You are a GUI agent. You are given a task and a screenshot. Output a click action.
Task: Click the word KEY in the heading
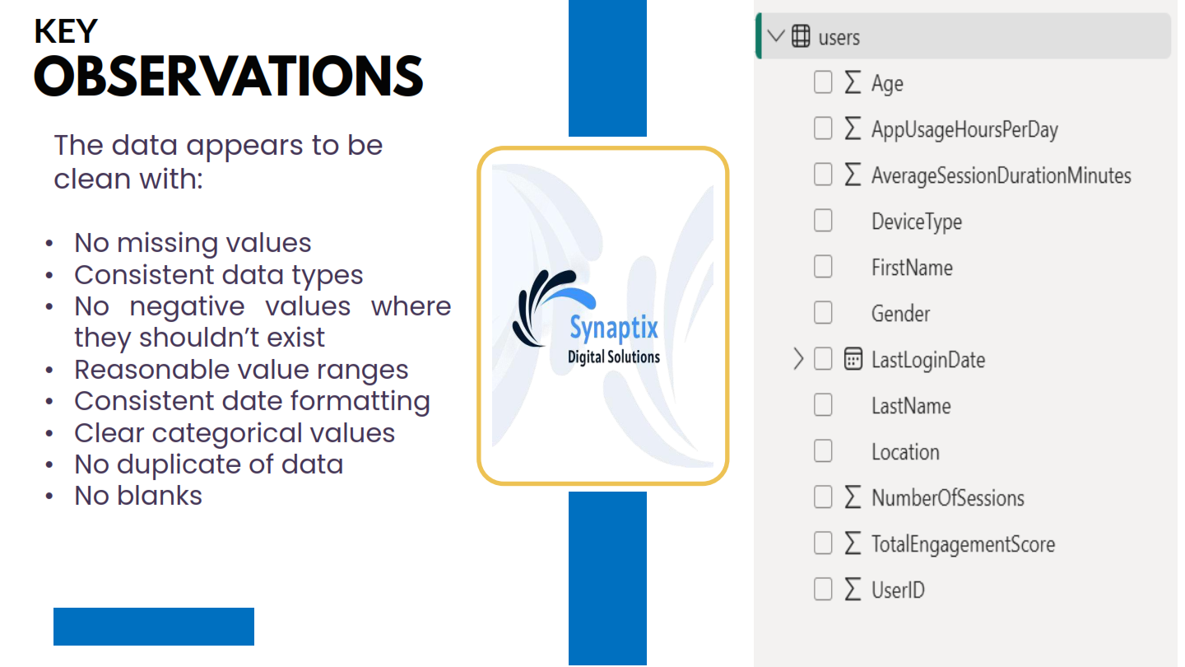click(66, 31)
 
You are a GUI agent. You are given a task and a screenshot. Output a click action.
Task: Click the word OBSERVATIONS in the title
click(229, 77)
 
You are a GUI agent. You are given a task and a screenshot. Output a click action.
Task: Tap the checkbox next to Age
click(823, 82)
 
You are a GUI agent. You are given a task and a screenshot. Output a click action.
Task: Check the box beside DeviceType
click(823, 221)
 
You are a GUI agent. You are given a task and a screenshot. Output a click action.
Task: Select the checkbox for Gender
click(823, 313)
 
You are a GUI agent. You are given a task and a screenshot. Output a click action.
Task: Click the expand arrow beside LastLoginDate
click(798, 359)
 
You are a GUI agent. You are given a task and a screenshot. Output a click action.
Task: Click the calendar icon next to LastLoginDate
click(853, 359)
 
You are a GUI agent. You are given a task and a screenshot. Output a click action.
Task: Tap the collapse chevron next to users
click(776, 36)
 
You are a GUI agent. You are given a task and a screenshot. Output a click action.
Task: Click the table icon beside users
click(801, 36)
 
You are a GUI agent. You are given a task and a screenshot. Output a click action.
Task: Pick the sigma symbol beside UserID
click(853, 589)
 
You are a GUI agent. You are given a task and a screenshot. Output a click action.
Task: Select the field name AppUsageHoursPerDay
click(964, 130)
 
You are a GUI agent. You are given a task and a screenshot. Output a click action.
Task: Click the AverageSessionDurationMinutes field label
click(1001, 175)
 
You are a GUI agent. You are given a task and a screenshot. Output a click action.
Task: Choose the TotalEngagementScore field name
click(963, 543)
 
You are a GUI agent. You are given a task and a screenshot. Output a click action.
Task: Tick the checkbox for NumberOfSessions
click(823, 497)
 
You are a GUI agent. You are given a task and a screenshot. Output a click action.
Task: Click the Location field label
click(905, 451)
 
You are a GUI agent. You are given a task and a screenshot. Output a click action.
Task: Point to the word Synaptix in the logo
click(614, 329)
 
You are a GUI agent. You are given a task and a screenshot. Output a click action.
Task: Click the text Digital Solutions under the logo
click(614, 357)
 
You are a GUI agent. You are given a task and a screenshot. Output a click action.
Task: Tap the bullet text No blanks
click(138, 496)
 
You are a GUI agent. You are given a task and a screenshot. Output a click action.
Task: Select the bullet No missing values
click(193, 244)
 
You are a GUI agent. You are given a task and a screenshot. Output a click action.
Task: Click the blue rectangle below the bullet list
click(154, 626)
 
